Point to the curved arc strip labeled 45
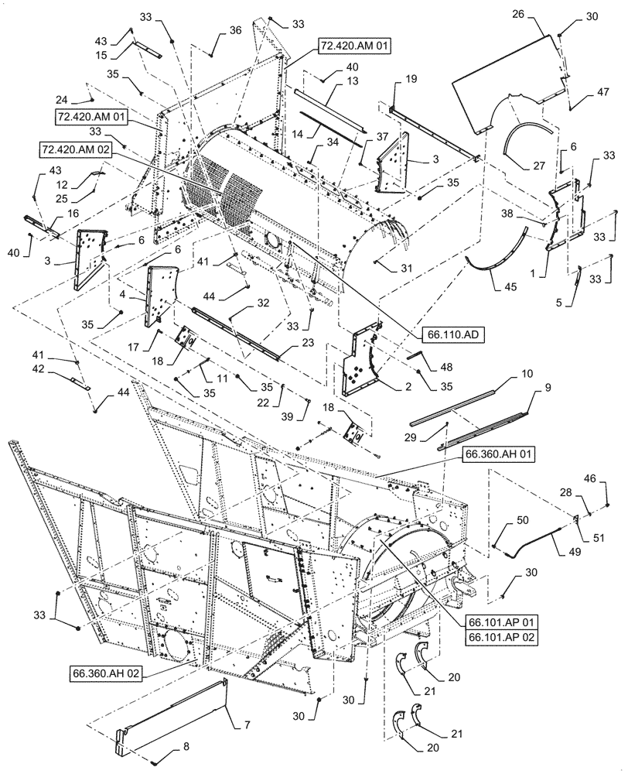click(x=495, y=248)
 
